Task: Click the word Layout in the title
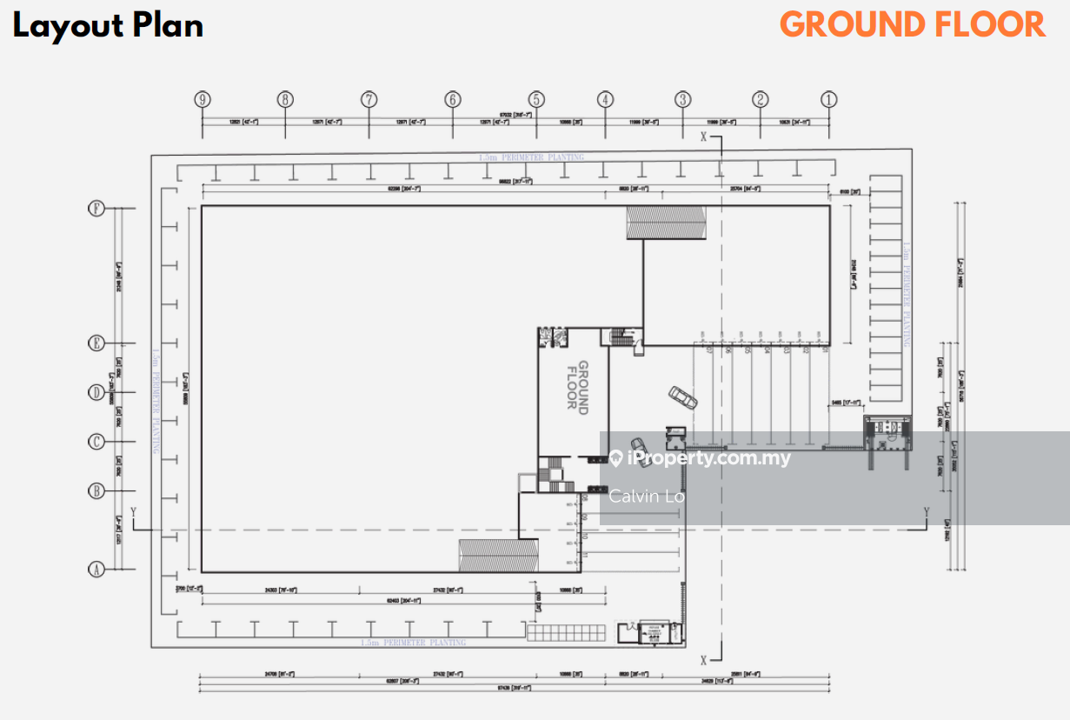pos(67,26)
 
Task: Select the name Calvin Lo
pos(647,497)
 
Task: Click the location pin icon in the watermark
pos(615,458)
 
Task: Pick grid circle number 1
pos(829,99)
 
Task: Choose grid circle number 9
pos(203,99)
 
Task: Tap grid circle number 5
pos(536,99)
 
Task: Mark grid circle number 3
pos(683,99)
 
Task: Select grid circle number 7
pos(369,99)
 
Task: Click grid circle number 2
pos(761,99)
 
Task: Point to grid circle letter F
pos(96,209)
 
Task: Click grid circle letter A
pos(96,570)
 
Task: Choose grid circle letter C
pos(96,442)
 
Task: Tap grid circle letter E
pos(96,343)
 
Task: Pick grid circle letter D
pos(96,392)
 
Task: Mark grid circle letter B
pos(96,491)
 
